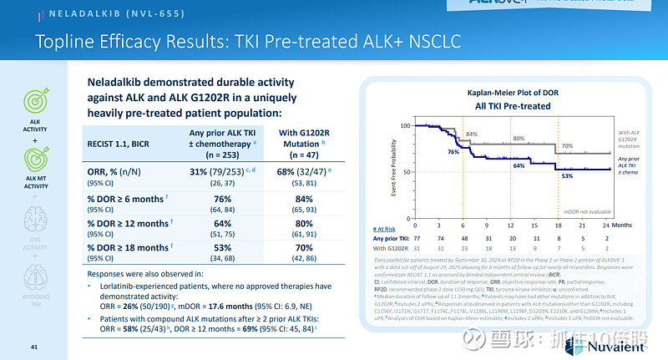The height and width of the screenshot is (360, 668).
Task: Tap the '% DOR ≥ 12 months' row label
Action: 129,223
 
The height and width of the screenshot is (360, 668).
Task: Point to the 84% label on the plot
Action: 471,134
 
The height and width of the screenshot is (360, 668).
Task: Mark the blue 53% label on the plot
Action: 567,176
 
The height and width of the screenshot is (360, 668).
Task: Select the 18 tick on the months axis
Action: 558,225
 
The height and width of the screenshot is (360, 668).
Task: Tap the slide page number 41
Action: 35,346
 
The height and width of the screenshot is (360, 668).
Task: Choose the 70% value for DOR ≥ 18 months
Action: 303,249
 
